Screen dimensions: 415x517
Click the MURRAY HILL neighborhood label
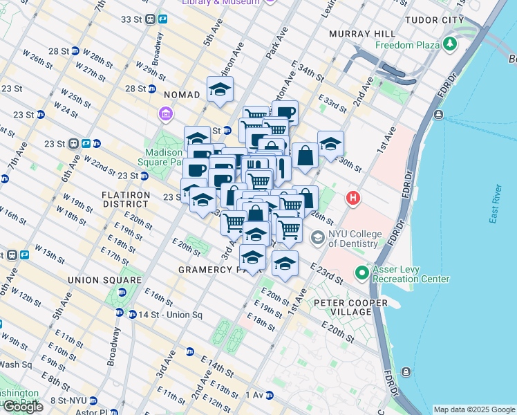coord(362,34)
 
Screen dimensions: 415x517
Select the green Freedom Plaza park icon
coord(451,45)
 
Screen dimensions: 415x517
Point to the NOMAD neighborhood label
coord(181,94)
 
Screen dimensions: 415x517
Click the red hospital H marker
coord(353,199)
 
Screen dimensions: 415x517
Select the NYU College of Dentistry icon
coord(318,239)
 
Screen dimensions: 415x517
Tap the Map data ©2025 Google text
coord(473,409)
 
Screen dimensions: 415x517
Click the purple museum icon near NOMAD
coord(167,113)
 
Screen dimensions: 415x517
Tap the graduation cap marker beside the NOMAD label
coord(220,89)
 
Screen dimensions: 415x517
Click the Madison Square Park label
coord(164,158)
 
